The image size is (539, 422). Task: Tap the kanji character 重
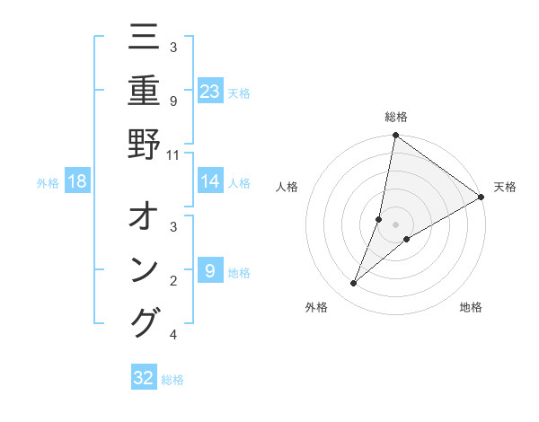pos(144,92)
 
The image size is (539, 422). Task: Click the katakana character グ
pos(144,321)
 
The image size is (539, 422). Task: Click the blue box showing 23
pos(210,92)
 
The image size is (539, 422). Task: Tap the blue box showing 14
pos(210,181)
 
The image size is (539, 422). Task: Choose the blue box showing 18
pos(77,181)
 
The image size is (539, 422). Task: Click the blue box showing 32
pos(144,378)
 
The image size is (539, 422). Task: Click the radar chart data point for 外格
pos(354,284)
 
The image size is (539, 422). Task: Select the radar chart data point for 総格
pos(395,136)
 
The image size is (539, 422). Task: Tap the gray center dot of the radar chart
pos(395,224)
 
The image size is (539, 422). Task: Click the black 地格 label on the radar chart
pos(471,308)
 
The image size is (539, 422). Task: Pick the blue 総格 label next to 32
pos(172,380)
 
